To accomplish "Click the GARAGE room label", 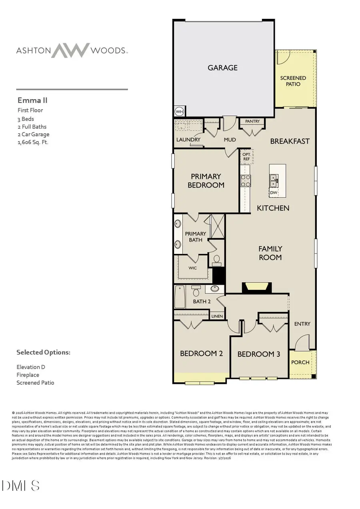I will [x=222, y=68].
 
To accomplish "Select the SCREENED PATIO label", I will [x=293, y=81].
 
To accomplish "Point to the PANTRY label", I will [x=252, y=121].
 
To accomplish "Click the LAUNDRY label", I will [x=188, y=140].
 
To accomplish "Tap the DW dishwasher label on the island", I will [x=274, y=193].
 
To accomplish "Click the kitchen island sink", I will [x=274, y=181].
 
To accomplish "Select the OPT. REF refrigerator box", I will [x=246, y=156].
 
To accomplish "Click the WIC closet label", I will [x=192, y=268].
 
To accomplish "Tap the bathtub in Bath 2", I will [x=180, y=297].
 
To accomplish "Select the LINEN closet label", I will [x=217, y=316].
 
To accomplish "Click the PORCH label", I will [x=300, y=362].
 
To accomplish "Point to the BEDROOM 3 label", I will [x=259, y=354].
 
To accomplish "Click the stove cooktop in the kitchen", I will [x=245, y=181].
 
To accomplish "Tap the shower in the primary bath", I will [x=217, y=226].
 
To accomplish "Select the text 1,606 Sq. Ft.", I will [x=33, y=142].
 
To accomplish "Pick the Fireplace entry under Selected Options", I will [x=28, y=375].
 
